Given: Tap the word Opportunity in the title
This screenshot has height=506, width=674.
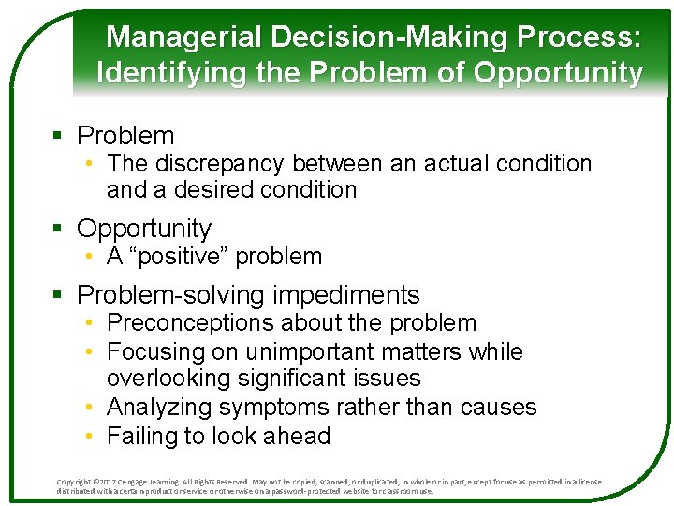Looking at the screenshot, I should [x=560, y=73].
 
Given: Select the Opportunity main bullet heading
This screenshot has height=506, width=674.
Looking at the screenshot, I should [x=144, y=228].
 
